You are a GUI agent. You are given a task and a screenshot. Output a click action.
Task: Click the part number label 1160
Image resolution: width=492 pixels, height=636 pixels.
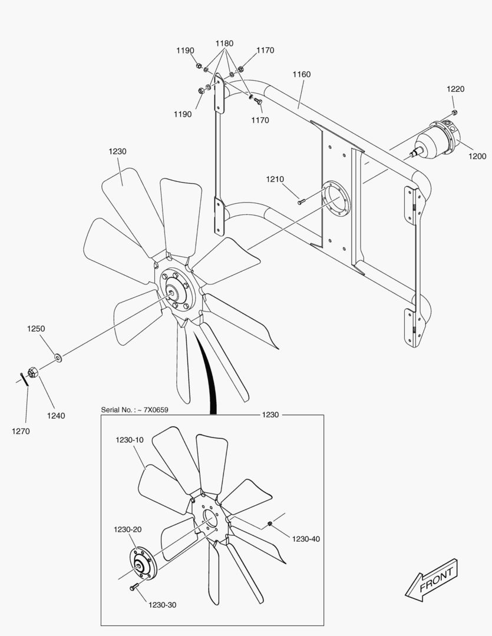tap(301, 75)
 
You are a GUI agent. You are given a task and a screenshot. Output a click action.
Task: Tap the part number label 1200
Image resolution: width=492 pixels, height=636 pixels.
tap(477, 157)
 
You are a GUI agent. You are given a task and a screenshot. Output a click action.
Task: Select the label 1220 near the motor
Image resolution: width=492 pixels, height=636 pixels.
tap(455, 90)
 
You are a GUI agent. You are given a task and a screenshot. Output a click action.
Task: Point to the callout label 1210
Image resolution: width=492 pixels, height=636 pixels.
tap(275, 179)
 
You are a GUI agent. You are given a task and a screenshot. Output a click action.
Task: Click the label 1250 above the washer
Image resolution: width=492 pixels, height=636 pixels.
tap(36, 329)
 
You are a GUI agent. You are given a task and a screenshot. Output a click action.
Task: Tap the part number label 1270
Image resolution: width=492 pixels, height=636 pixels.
tap(21, 431)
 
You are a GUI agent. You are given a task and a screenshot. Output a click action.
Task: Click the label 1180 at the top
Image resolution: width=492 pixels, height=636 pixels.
tap(224, 44)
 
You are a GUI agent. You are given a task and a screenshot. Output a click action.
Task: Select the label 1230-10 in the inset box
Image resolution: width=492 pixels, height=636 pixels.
tap(129, 440)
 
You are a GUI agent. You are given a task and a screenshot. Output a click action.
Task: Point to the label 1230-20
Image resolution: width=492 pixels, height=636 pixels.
tap(128, 530)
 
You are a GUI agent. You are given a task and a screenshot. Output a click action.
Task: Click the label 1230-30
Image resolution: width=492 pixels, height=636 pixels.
tap(162, 605)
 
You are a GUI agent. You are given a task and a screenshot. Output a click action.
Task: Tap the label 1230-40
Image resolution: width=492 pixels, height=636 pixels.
tap(306, 539)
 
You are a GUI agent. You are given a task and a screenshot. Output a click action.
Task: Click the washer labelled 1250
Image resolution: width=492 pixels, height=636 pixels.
tap(58, 357)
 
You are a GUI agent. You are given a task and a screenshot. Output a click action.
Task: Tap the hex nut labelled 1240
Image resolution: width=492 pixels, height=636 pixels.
tap(34, 372)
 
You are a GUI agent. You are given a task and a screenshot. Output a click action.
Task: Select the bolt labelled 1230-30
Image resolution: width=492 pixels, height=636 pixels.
tap(134, 587)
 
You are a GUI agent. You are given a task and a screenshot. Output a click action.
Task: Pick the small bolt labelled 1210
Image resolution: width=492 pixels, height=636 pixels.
tap(301, 202)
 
